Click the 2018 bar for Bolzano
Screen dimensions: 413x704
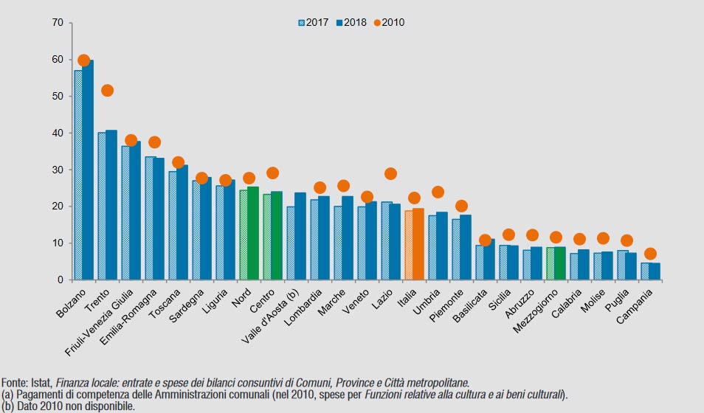(x=88, y=170)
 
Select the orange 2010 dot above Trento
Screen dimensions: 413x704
(x=107, y=91)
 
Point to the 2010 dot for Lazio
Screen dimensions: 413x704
(x=390, y=174)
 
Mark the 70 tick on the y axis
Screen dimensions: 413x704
(x=58, y=23)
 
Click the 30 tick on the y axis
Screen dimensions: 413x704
(x=58, y=170)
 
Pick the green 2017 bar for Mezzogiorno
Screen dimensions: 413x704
(x=551, y=263)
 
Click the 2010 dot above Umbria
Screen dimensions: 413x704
(x=438, y=192)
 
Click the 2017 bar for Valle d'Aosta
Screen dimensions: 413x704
(x=291, y=243)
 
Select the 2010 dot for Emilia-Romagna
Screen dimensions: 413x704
(x=154, y=142)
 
